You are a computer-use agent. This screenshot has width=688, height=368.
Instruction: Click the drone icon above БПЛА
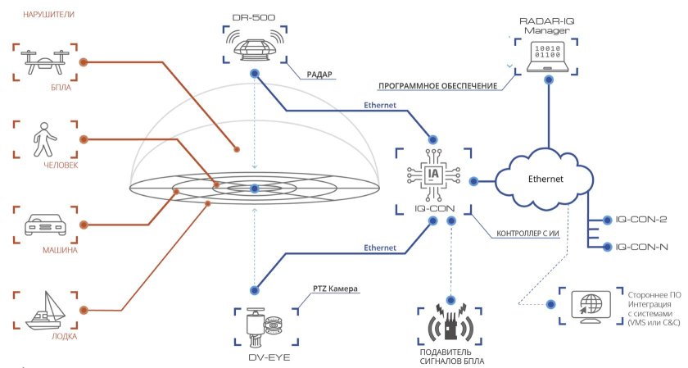[x=45, y=61]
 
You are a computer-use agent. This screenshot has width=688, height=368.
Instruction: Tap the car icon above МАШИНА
[x=45, y=224]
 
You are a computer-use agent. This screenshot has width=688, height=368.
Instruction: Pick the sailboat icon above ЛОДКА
[x=45, y=309]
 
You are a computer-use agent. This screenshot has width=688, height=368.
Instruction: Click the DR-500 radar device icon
[x=255, y=46]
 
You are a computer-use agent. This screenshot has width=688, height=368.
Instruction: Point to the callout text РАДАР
[x=319, y=74]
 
